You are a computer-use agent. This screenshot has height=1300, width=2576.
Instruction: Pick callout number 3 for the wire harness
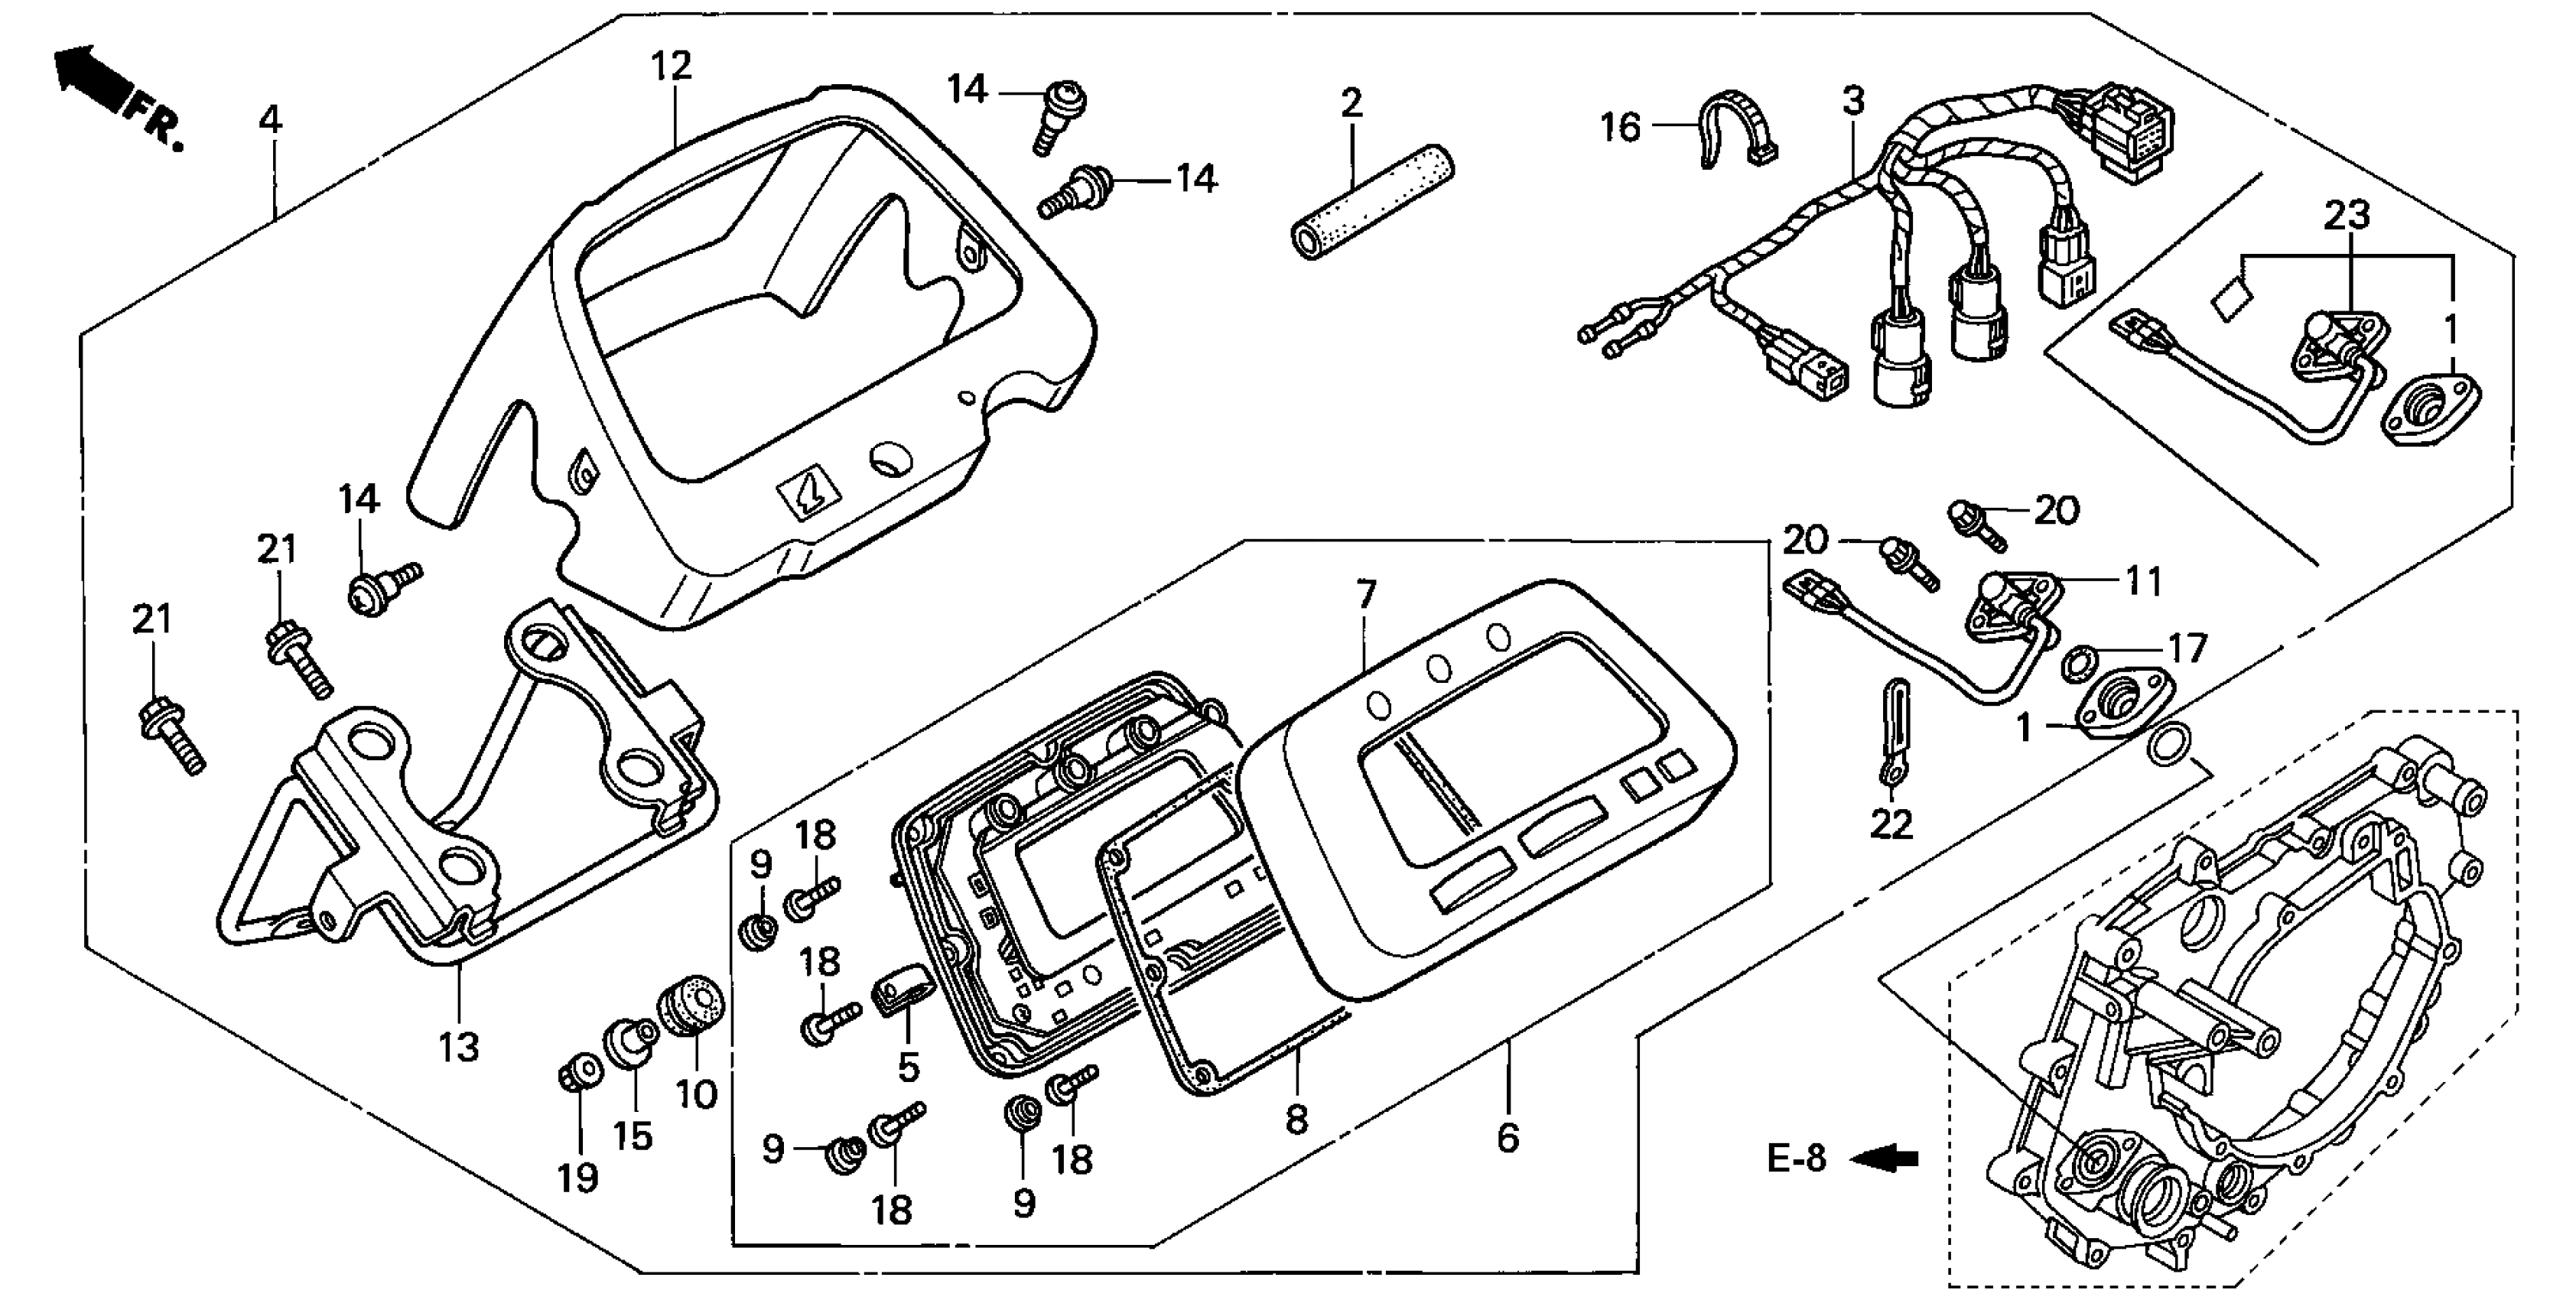tap(1853, 101)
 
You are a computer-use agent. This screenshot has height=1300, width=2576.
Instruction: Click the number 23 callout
tap(2346, 215)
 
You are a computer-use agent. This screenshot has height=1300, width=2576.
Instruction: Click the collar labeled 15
tap(631, 1044)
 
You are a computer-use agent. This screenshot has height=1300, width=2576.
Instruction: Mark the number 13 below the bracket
tap(459, 1047)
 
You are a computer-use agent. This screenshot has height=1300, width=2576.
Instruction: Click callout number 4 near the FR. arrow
tap(270, 120)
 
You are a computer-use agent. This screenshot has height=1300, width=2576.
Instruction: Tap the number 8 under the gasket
tap(1296, 1119)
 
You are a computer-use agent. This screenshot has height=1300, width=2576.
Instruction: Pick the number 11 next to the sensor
tap(2142, 581)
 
